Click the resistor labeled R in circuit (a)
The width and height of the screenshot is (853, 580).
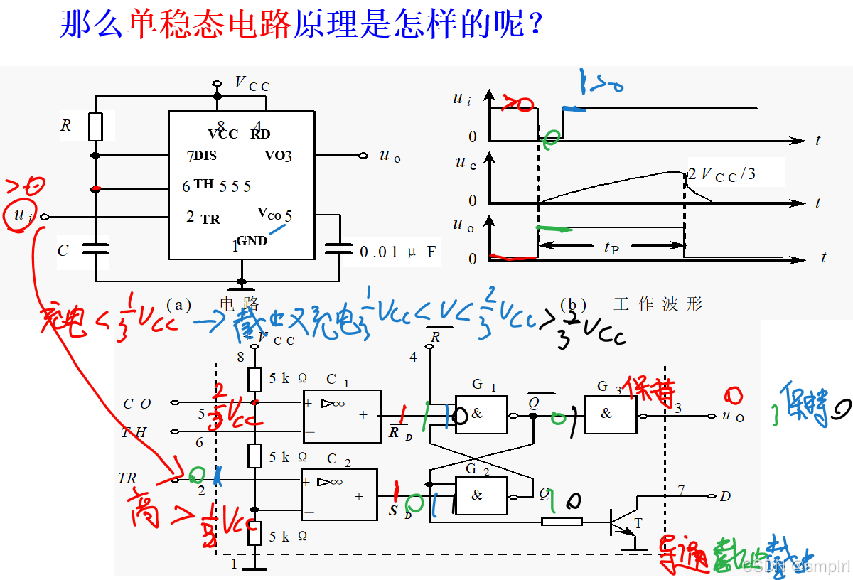click(x=96, y=127)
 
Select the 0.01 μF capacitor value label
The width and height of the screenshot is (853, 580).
click(x=397, y=252)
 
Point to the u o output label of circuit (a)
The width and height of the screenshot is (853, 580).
click(x=390, y=156)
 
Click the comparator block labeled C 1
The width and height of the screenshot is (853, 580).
click(x=342, y=412)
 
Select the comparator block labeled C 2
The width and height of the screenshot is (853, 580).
click(x=339, y=495)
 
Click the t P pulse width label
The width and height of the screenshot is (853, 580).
click(x=611, y=247)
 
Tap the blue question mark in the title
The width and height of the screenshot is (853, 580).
click(x=535, y=26)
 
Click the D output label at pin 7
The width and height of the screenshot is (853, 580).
click(x=725, y=496)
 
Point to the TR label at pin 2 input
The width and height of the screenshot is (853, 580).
click(x=127, y=479)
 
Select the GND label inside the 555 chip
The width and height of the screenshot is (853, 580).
click(x=252, y=241)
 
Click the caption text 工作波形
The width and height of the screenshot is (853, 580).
click(x=658, y=304)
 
